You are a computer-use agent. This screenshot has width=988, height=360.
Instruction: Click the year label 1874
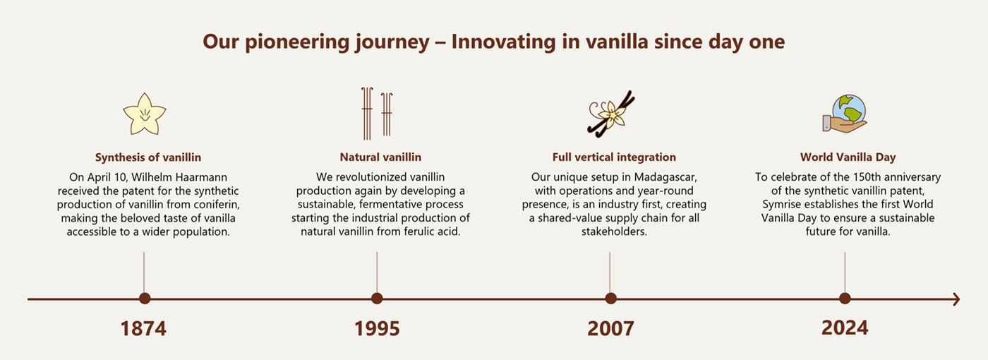point(143,329)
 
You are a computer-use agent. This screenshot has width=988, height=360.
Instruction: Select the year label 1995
point(377,329)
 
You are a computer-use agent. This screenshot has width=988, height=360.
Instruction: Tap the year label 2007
point(610,329)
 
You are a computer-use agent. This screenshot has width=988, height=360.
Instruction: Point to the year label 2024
point(845,328)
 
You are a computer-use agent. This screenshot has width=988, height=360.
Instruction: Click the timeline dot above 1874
point(145,299)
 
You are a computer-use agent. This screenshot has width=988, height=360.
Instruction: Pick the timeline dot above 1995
point(377,299)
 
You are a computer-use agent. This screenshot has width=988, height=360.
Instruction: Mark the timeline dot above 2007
point(610,299)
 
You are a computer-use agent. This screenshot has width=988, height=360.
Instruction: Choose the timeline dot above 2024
point(845,299)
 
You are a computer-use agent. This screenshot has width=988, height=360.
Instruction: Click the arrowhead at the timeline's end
point(956,299)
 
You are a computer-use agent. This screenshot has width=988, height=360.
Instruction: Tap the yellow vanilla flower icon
point(144,114)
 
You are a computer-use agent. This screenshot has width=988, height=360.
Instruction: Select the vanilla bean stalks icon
point(377,113)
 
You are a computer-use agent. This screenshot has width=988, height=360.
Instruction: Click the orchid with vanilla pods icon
point(611,113)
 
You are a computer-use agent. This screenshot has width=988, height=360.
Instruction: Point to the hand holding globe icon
point(845,114)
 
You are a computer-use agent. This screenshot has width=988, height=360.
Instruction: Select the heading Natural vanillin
point(380,157)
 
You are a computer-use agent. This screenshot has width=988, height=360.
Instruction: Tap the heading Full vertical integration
point(614,157)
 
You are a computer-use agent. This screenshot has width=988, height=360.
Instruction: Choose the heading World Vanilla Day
point(848,157)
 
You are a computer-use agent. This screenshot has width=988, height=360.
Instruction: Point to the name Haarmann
point(207,177)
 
